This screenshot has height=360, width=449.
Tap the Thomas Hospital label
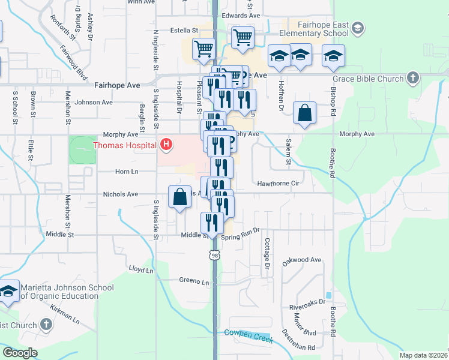(x=125, y=145)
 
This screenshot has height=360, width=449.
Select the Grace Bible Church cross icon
(x=412, y=78)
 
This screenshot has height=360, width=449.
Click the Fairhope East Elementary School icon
(x=358, y=28)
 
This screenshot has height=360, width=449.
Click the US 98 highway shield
(x=215, y=256)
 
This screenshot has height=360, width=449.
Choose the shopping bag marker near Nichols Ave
(x=180, y=197)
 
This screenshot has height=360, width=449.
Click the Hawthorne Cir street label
(x=278, y=184)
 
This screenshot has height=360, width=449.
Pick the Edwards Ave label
(x=241, y=16)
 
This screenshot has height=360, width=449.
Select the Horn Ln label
(x=127, y=172)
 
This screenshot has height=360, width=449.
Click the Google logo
(x=20, y=353)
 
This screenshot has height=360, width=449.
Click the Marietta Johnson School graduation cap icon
(x=8, y=292)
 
